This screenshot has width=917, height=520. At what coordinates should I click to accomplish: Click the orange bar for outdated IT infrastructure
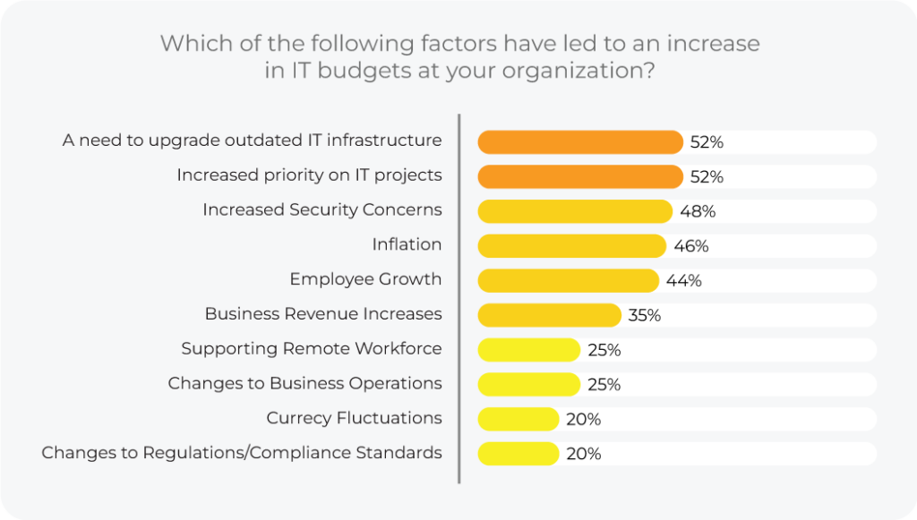tap(580, 141)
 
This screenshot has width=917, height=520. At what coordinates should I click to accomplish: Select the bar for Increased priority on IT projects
tap(580, 176)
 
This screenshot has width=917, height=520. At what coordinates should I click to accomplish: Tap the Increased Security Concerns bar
tap(575, 211)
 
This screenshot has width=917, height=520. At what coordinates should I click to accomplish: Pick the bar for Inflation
tap(572, 245)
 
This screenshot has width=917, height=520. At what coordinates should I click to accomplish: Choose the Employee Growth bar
tap(569, 280)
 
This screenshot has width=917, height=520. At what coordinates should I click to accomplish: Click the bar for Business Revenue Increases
tap(550, 315)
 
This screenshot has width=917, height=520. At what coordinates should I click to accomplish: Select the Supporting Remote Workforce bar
tap(529, 349)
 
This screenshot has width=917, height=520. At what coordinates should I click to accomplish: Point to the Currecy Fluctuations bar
tap(518, 419)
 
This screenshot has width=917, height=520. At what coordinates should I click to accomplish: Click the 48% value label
tap(698, 212)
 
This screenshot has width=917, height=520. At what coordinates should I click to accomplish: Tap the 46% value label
tap(691, 246)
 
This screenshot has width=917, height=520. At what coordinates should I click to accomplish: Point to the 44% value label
tap(684, 281)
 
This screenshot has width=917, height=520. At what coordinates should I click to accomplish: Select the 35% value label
tap(644, 315)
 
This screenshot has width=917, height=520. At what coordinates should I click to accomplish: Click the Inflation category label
tap(407, 244)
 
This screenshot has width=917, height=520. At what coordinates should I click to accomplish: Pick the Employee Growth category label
tap(365, 279)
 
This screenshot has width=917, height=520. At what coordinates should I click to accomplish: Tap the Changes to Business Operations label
tap(304, 383)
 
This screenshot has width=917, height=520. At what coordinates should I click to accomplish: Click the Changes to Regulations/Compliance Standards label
tap(242, 452)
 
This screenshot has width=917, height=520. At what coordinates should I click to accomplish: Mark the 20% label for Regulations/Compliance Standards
tap(583, 454)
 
